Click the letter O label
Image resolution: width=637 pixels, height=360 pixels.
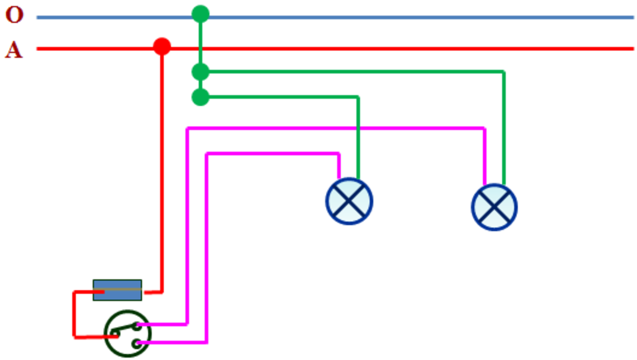coord(14,15)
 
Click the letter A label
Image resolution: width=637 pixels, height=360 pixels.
coord(14,50)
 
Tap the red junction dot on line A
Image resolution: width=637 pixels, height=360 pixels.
coord(162,46)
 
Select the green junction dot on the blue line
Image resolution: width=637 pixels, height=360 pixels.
coord(200,14)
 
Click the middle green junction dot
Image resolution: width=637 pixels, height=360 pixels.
coord(200,72)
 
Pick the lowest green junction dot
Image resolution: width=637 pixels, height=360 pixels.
coord(200,97)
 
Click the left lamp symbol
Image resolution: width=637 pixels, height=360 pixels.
coord(349,201)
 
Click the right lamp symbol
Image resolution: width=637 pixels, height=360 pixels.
coord(495,207)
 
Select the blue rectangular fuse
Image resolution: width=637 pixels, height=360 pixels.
coord(118,290)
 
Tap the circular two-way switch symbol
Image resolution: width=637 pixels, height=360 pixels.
coord(128,334)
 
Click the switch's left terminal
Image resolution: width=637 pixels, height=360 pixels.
coord(116,335)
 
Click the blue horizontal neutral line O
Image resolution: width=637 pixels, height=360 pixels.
coord(335,17)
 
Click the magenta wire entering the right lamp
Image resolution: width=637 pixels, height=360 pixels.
coord(335,129)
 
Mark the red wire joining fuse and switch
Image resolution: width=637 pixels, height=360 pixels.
coord(75,315)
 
